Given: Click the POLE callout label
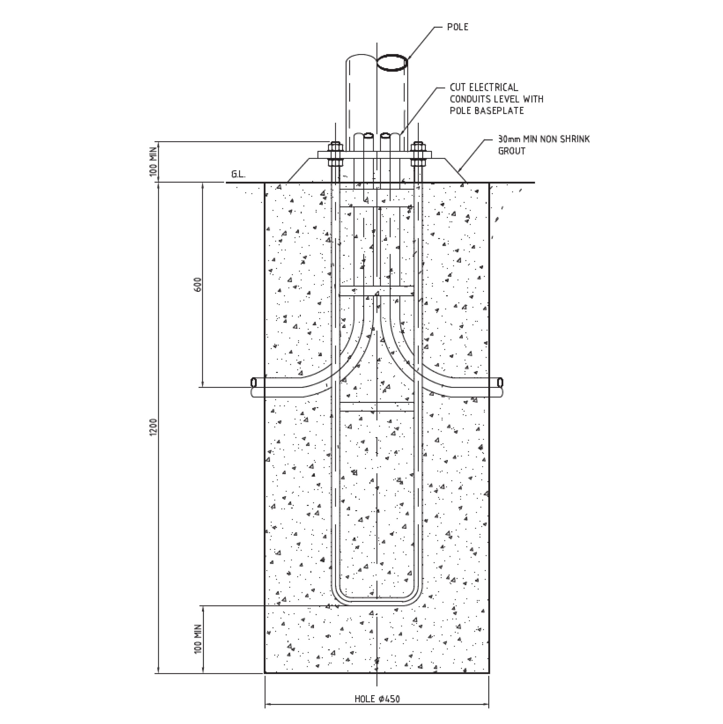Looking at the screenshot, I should click(x=457, y=27).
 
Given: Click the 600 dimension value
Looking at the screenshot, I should click(x=199, y=285).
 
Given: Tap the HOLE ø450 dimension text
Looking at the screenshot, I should click(x=377, y=699).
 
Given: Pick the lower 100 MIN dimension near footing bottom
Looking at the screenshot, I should click(x=199, y=639).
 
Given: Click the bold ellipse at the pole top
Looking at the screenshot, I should click(x=392, y=62).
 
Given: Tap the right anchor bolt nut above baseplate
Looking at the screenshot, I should click(x=418, y=146).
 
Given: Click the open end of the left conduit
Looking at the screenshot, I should click(x=254, y=383).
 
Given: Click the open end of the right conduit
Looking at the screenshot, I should click(x=500, y=383).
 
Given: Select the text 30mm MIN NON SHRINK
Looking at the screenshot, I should click(x=543, y=139).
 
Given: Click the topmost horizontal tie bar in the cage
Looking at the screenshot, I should click(x=377, y=206).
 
